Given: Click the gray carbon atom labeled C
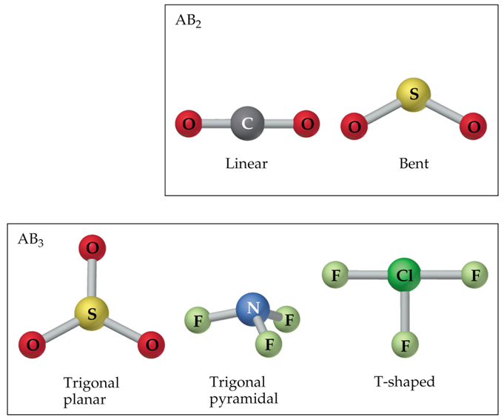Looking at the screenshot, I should click(x=248, y=123).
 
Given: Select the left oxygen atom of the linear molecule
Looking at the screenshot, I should click(x=189, y=123).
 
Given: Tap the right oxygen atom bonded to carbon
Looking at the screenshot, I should click(x=306, y=123).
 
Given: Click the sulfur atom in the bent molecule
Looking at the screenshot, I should click(x=414, y=94).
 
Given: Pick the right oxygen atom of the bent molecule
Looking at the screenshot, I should click(x=473, y=127).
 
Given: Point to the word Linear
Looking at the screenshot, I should click(x=246, y=163).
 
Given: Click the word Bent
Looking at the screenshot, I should click(x=413, y=163).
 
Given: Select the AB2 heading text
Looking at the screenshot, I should click(x=188, y=21).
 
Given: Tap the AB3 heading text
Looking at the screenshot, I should click(x=31, y=240).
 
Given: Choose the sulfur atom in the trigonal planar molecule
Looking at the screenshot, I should click(x=91, y=314).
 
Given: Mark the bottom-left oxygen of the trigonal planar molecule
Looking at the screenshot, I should click(x=32, y=344).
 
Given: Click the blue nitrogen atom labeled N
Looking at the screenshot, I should click(x=253, y=306).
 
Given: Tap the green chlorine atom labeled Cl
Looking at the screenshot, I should click(x=404, y=276).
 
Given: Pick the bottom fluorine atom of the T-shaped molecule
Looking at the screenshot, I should click(x=404, y=344).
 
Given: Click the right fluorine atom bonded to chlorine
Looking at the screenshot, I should click(x=474, y=276).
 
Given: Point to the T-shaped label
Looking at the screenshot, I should click(x=404, y=382).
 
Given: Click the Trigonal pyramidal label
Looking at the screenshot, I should click(x=243, y=390).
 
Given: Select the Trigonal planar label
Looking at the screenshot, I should click(x=91, y=390).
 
